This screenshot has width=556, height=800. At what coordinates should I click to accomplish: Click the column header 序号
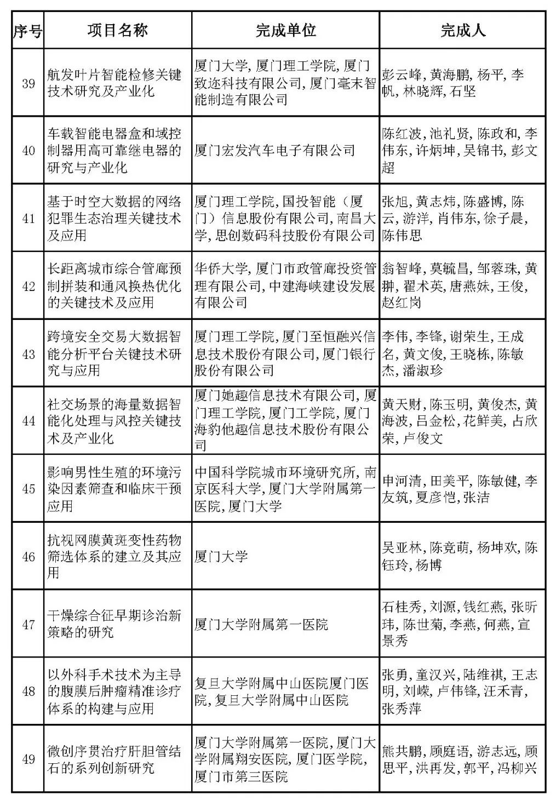pos(27,31)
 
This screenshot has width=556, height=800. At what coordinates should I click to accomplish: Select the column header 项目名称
pos(117,31)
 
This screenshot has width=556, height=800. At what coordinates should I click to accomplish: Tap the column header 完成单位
pos(285,31)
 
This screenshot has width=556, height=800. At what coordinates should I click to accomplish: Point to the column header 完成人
pos(463,31)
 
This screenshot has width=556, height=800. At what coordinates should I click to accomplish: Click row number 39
pos(28,83)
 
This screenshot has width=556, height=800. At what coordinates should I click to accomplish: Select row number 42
pos(28,286)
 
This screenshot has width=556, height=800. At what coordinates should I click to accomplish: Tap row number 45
pos(28,489)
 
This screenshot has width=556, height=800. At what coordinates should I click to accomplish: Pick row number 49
pos(28,759)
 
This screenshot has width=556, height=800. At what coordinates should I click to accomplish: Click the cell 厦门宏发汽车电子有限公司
pos(275,151)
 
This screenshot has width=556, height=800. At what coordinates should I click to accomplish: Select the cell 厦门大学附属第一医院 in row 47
pos(261,624)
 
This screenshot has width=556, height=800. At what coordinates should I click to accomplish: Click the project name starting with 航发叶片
pos(114,83)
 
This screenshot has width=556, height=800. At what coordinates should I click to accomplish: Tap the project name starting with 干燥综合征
pos(114,624)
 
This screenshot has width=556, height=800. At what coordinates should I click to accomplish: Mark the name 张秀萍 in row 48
pos(402,708)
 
